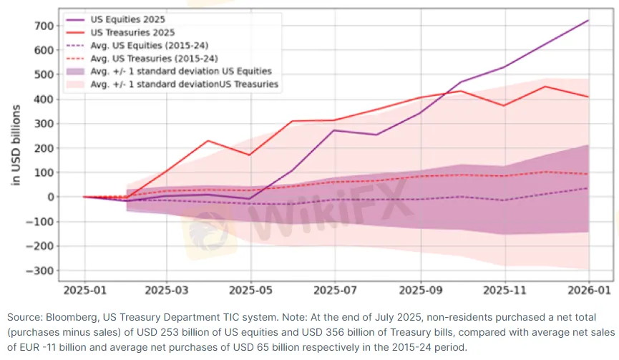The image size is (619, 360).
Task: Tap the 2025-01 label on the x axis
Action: click(x=84, y=292)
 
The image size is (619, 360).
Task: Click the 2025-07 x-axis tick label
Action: click(x=335, y=292)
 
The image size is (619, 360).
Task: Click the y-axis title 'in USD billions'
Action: click(x=16, y=146)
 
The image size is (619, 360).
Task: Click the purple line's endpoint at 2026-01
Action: click(x=588, y=20)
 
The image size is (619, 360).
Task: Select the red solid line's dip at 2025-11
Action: click(x=504, y=106)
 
